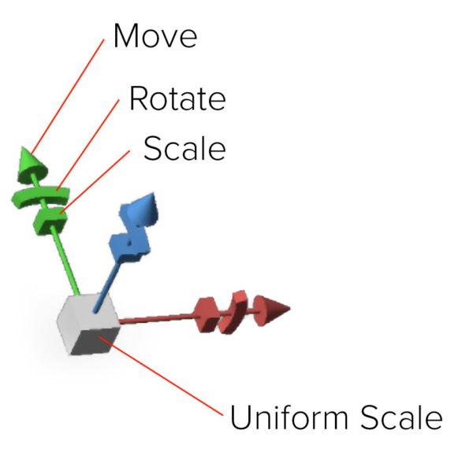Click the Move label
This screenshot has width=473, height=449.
(155, 36)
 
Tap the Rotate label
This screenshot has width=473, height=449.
(177, 99)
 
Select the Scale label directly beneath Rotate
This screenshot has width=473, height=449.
(184, 148)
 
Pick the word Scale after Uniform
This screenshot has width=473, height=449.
(403, 417)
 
